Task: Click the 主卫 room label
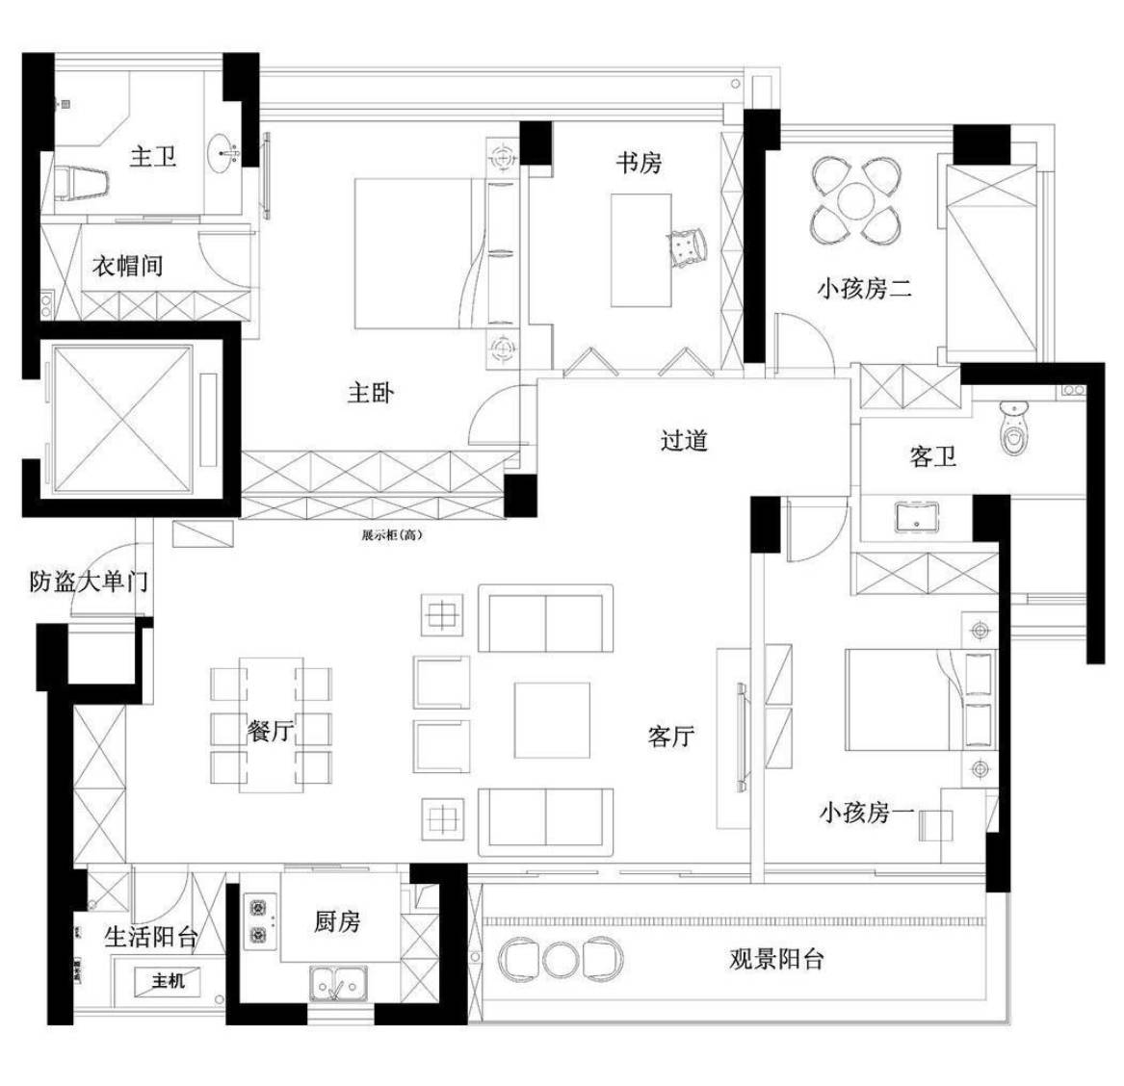click(x=153, y=155)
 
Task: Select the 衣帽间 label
click(x=127, y=266)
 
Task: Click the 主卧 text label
click(x=371, y=393)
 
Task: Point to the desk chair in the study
click(x=690, y=246)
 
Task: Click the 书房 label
click(x=639, y=162)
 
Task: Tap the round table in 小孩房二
click(x=855, y=201)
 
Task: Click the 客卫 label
click(x=932, y=455)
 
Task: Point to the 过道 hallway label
click(x=685, y=440)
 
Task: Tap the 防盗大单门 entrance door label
click(x=88, y=582)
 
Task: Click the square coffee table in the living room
click(x=551, y=720)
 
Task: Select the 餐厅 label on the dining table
click(x=271, y=732)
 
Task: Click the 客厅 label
click(x=670, y=737)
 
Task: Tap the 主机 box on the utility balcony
click(x=169, y=982)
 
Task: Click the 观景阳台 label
click(x=776, y=959)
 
